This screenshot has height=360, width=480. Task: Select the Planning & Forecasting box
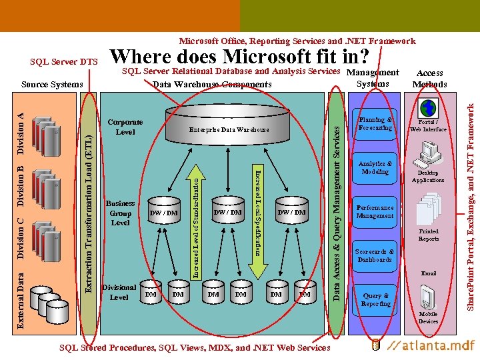tap(375, 124)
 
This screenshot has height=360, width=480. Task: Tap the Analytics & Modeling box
tap(375, 167)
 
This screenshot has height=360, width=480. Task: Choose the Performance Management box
tap(375, 211)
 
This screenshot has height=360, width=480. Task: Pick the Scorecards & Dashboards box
tap(375, 256)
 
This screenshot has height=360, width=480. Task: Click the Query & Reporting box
tap(375, 299)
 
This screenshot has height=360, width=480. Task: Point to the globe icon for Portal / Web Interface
tap(427, 108)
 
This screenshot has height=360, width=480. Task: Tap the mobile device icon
tap(428, 296)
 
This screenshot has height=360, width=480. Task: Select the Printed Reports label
tap(429, 235)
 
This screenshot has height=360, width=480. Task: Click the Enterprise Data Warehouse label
tap(229, 129)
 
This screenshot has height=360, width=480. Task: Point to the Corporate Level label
tap(125, 127)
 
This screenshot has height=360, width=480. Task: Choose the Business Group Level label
tap(121, 213)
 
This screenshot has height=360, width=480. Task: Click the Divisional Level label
tap(119, 292)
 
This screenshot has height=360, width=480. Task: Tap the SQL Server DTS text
tap(64, 62)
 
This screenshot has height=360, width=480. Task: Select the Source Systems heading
tap(52, 84)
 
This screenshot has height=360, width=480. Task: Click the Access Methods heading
tap(429, 79)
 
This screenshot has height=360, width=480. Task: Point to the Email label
tap(429, 273)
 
